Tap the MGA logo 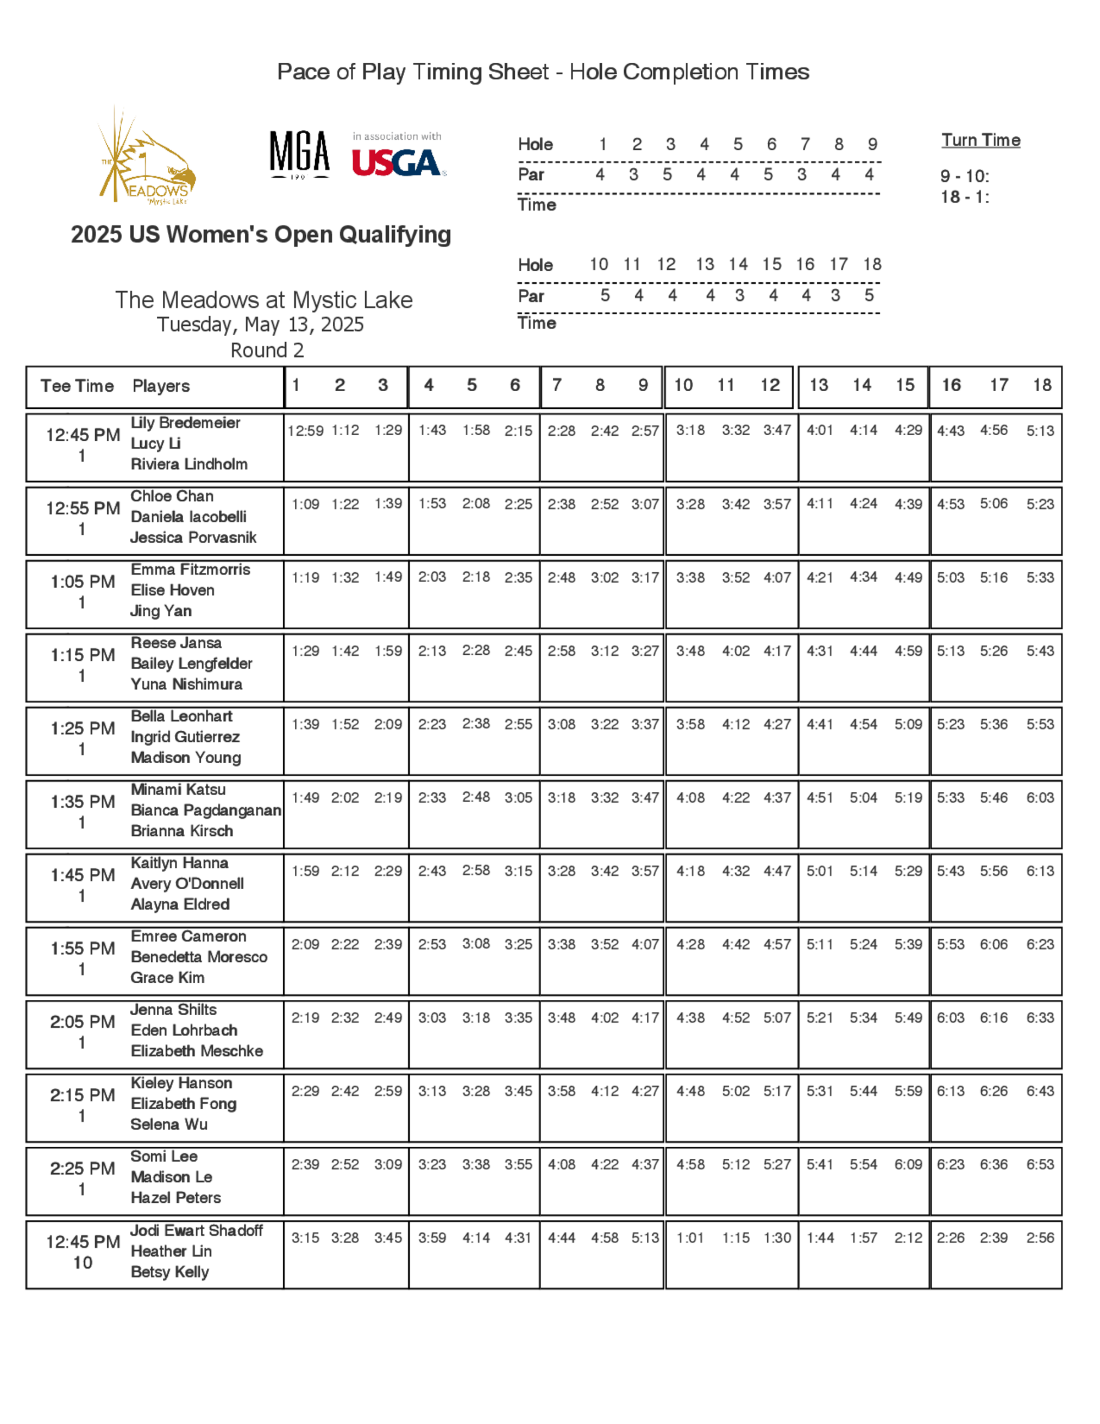[x=300, y=154]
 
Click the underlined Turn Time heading [x=980, y=140]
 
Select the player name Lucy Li [x=156, y=443]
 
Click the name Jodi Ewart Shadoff [x=196, y=1230]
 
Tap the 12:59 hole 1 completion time [x=306, y=430]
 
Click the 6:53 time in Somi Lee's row [x=1039, y=1164]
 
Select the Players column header [x=161, y=386]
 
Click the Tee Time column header [x=77, y=386]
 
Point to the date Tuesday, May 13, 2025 [x=260, y=325]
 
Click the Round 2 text [x=267, y=350]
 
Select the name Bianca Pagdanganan [x=206, y=810]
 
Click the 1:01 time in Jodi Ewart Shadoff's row [x=690, y=1237]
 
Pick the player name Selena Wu [x=169, y=1124]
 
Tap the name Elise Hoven [x=173, y=590]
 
